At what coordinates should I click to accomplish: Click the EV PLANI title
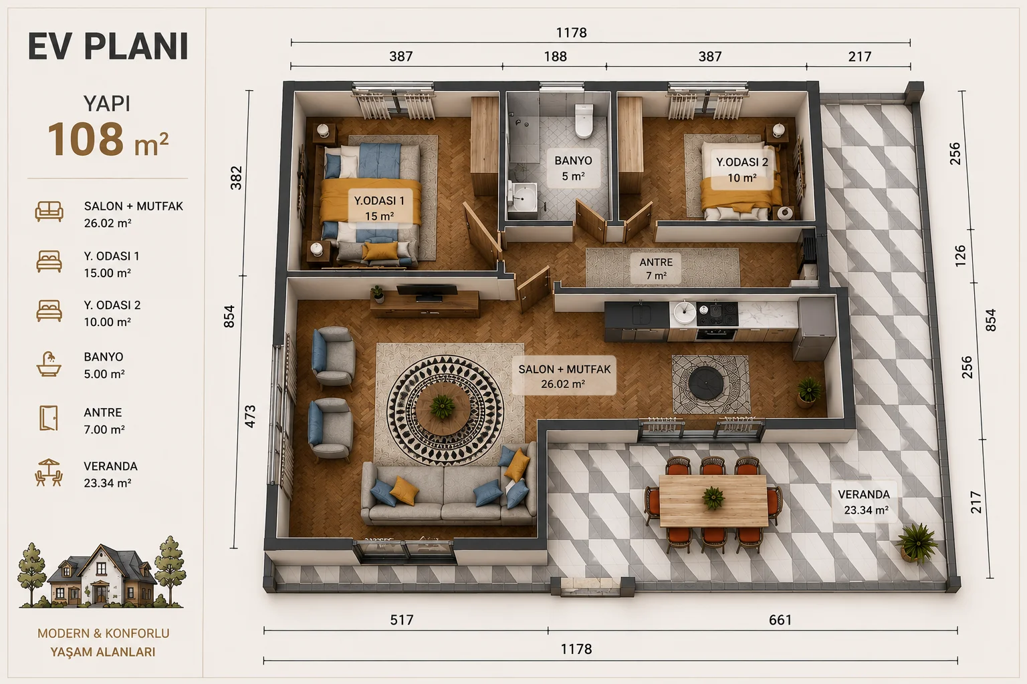pyautogui.click(x=108, y=47)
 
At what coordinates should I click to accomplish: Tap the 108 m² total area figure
pyautogui.click(x=108, y=140)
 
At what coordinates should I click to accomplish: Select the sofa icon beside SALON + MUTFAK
pyautogui.click(x=49, y=212)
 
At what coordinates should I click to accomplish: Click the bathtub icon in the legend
pyautogui.click(x=49, y=364)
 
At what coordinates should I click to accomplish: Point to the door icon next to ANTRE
pyautogui.click(x=49, y=418)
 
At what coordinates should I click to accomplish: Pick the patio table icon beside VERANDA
pyautogui.click(x=49, y=472)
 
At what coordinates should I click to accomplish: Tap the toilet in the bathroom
pyautogui.click(x=584, y=120)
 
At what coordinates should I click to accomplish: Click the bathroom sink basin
pyautogui.click(x=523, y=198)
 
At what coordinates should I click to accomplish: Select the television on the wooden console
pyautogui.click(x=427, y=293)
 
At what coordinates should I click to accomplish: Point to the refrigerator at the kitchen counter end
pyautogui.click(x=815, y=328)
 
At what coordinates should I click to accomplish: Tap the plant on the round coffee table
pyautogui.click(x=443, y=405)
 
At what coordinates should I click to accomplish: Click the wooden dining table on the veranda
pyautogui.click(x=713, y=501)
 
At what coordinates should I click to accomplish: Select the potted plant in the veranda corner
pyautogui.click(x=917, y=544)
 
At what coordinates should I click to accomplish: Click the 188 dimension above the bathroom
pyautogui.click(x=555, y=56)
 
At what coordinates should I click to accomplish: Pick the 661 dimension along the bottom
pyautogui.click(x=780, y=620)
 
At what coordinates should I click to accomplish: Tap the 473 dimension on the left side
pyautogui.click(x=250, y=416)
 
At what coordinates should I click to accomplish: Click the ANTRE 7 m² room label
pyautogui.click(x=656, y=269)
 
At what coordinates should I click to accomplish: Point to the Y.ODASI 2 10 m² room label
pyautogui.click(x=741, y=170)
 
